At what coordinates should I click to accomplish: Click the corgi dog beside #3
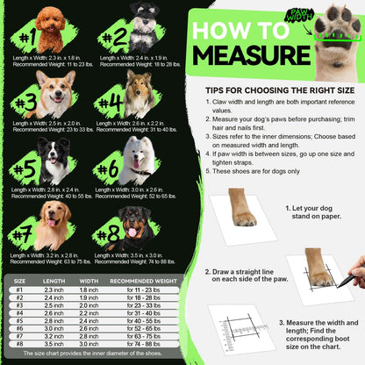[x=54, y=96]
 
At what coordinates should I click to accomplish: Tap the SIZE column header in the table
[x=18, y=281]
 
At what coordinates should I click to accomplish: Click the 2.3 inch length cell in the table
[x=54, y=290]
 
